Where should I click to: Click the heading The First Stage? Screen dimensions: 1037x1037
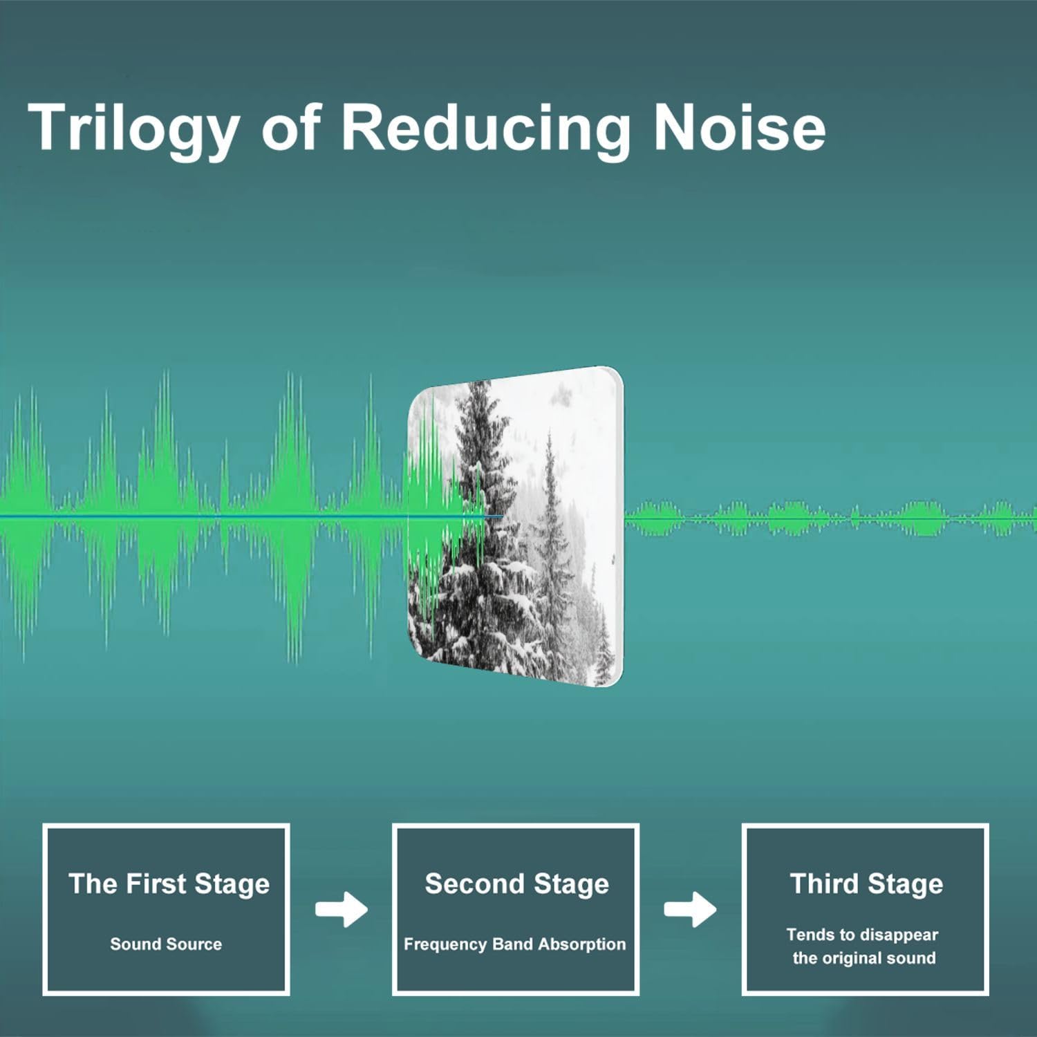point(169,884)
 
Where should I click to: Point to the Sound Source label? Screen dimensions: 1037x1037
point(166,944)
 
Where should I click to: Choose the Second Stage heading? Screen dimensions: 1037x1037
point(516,884)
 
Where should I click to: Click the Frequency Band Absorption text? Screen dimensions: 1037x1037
point(514,944)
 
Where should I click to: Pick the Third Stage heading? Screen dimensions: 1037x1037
point(866,884)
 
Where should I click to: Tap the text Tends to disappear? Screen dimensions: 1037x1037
point(862,935)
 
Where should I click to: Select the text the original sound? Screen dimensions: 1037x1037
point(864,958)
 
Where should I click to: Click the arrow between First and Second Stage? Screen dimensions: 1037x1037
point(342,909)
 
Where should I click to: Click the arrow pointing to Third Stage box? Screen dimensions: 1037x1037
point(690,909)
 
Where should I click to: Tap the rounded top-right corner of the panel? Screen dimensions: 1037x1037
point(614,377)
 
